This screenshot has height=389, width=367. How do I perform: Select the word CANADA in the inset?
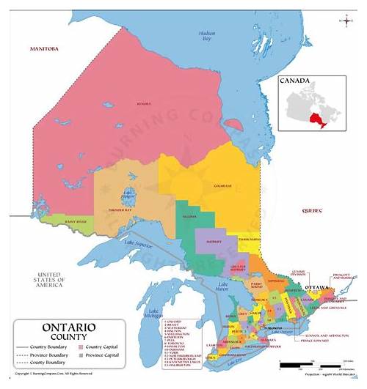click(x=296, y=82)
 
